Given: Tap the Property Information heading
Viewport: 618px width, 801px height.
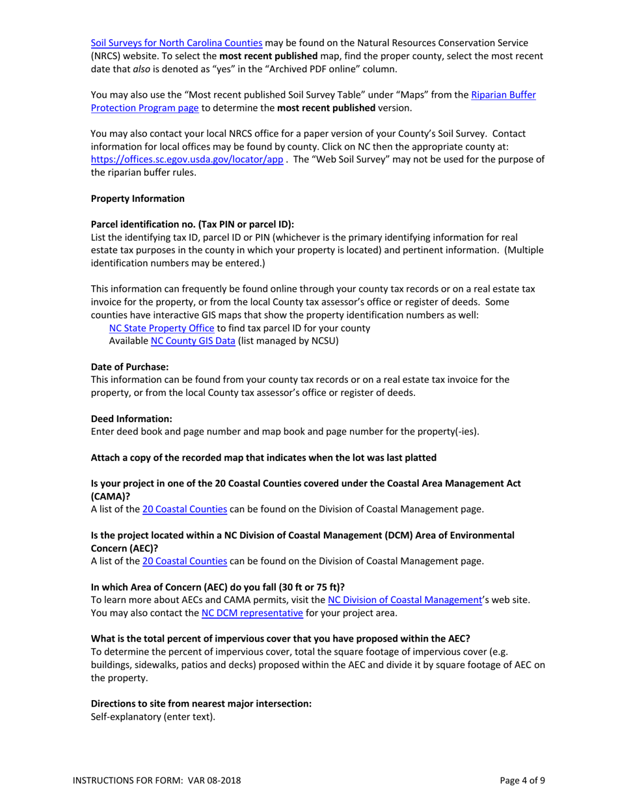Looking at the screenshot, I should (138, 198).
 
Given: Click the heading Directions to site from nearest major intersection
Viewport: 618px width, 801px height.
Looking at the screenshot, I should (201, 704).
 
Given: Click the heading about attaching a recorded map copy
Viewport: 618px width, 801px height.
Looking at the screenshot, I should (263, 457).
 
